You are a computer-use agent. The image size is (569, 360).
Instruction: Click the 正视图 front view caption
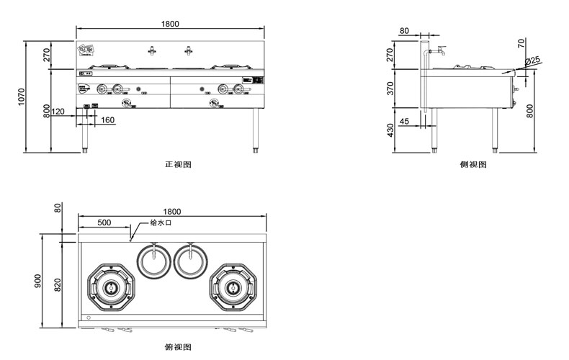[x=178, y=164]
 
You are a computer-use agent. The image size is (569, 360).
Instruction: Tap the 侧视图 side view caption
[x=473, y=164]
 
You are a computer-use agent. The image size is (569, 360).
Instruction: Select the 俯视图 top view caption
[x=178, y=347]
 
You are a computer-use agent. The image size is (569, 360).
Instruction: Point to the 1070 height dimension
[x=22, y=97]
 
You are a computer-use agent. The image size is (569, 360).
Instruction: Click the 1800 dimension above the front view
[x=170, y=24]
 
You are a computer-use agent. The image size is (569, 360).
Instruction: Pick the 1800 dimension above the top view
[x=172, y=212]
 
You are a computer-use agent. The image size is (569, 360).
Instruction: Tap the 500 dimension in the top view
[x=104, y=223]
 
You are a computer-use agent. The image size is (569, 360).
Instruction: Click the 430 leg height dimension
[x=390, y=131]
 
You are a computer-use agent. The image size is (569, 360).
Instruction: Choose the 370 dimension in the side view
[x=390, y=89]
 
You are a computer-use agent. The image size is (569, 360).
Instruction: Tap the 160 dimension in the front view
[x=107, y=120]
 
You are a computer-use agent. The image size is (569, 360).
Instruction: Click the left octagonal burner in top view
[x=110, y=287]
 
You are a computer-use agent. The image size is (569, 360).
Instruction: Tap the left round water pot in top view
[x=151, y=260]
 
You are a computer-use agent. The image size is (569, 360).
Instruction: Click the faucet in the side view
[x=436, y=50]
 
